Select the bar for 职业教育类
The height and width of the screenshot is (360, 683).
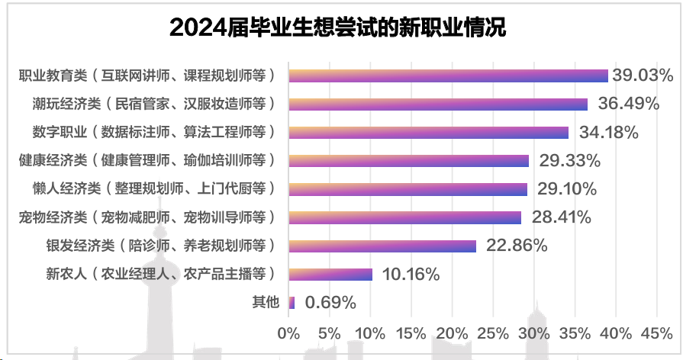pyautogui.click(x=449, y=76)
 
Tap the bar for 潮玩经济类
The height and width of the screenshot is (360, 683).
pyautogui.click(x=438, y=104)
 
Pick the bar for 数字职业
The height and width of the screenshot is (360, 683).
pyautogui.click(x=429, y=132)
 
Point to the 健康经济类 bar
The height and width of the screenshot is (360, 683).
pyautogui.click(x=409, y=160)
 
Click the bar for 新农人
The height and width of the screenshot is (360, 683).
pyautogui.click(x=330, y=274)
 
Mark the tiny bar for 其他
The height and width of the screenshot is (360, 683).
pyautogui.click(x=292, y=302)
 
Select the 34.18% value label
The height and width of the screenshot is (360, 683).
pyautogui.click(x=608, y=132)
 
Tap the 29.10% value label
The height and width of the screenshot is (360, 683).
pyautogui.click(x=566, y=188)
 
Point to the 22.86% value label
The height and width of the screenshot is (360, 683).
pyautogui.click(x=517, y=246)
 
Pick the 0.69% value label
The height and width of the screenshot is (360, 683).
pyautogui.click(x=330, y=302)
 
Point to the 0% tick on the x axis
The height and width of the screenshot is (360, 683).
pyautogui.click(x=288, y=333)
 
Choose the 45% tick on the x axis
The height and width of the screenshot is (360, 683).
pyautogui.click(x=657, y=333)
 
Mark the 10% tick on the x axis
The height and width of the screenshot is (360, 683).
pyautogui.click(x=370, y=333)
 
